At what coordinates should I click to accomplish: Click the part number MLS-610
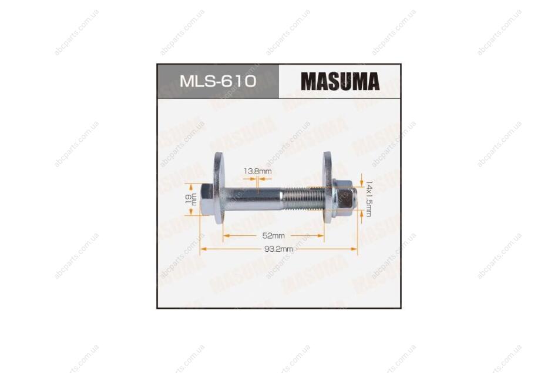coord(218,81)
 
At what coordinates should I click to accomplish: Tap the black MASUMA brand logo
coord(340,81)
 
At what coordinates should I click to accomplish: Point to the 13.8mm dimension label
coord(258,171)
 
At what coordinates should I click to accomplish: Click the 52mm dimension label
coord(273,236)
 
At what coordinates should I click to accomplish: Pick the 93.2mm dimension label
coord(278,249)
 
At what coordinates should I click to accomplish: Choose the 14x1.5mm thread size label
coord(369,199)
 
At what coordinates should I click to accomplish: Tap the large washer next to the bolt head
coord(219,188)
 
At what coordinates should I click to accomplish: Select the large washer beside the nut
coord(328,188)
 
